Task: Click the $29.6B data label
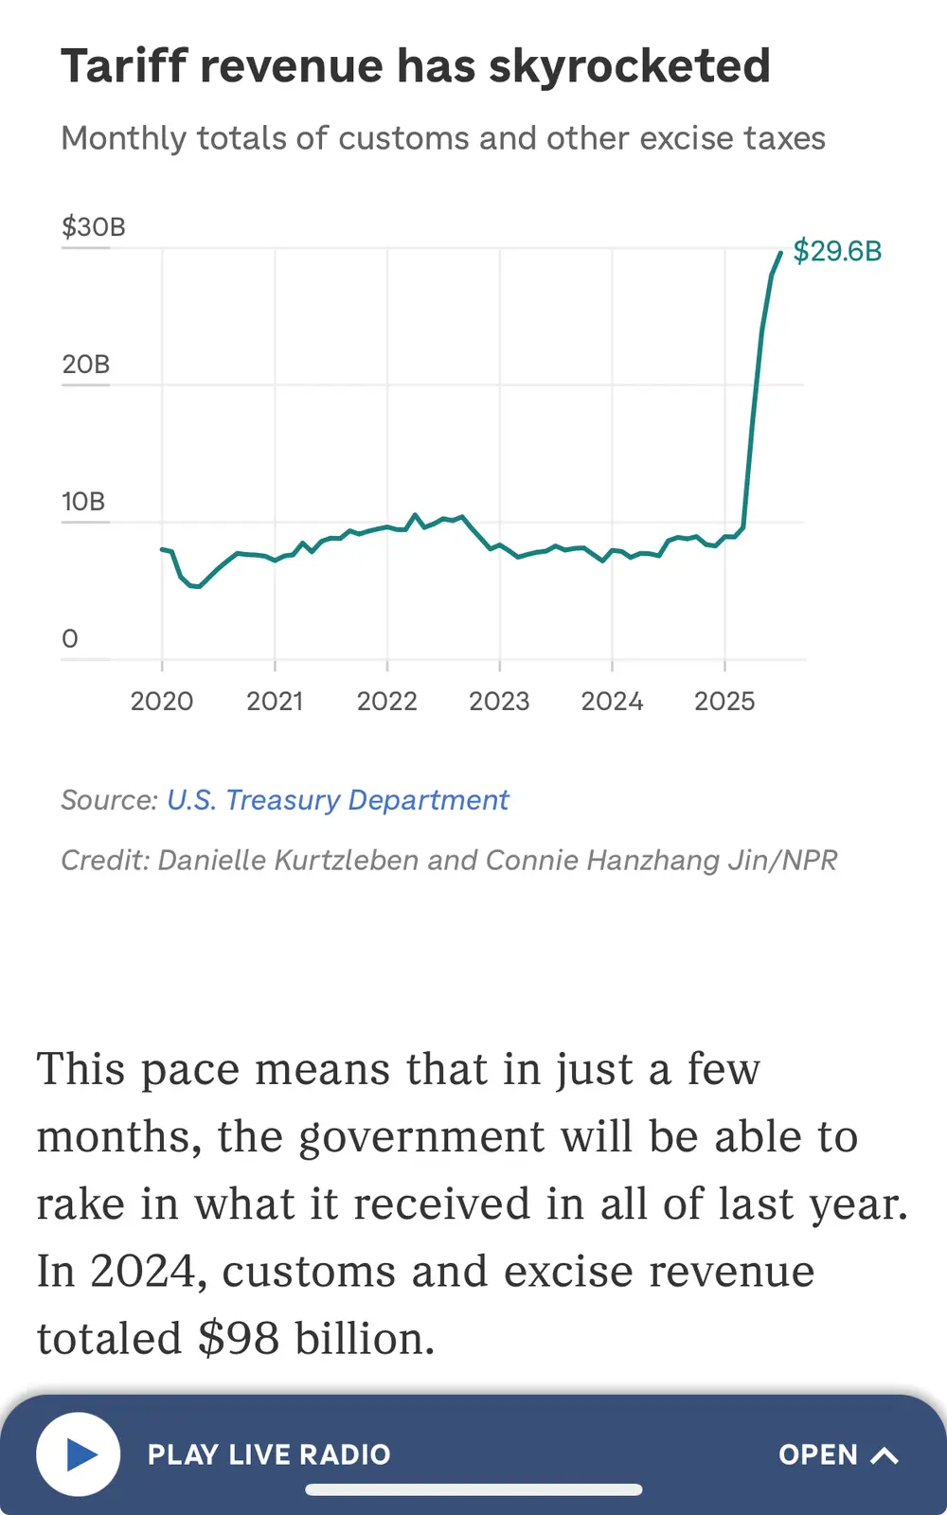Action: (x=837, y=251)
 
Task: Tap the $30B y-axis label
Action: (x=93, y=227)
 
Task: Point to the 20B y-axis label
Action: (x=86, y=365)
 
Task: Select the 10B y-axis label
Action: (x=83, y=502)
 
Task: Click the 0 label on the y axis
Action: (x=70, y=639)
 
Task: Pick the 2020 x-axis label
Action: (x=162, y=702)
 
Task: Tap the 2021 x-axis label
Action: (x=275, y=702)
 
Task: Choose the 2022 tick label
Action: (x=386, y=702)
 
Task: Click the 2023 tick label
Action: (x=499, y=702)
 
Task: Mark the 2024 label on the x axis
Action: (x=612, y=702)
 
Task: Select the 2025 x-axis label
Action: (x=724, y=702)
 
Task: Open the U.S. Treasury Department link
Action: (x=338, y=800)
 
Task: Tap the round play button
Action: (x=79, y=1454)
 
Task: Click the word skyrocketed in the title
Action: (x=630, y=66)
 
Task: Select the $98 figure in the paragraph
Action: (x=239, y=1338)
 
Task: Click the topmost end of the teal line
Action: (x=780, y=253)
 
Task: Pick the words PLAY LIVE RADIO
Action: (x=269, y=1454)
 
